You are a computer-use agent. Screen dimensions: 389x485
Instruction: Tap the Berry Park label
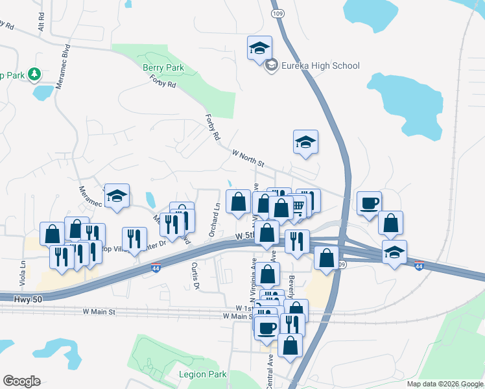click(x=163, y=67)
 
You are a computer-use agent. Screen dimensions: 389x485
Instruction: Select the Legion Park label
click(x=203, y=374)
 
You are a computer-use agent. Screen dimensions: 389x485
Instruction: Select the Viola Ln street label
click(x=23, y=273)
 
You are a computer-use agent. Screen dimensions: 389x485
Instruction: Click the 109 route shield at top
click(x=278, y=12)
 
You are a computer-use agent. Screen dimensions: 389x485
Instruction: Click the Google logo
click(x=21, y=381)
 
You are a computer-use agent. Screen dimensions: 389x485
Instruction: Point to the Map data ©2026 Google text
click(x=444, y=384)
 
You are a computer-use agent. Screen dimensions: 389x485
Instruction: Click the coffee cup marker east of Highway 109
click(x=369, y=204)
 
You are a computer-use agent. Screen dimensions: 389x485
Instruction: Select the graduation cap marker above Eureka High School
click(x=259, y=48)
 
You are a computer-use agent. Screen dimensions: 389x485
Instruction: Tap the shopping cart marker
click(x=298, y=206)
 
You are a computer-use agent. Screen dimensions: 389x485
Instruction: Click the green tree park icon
click(x=33, y=75)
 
